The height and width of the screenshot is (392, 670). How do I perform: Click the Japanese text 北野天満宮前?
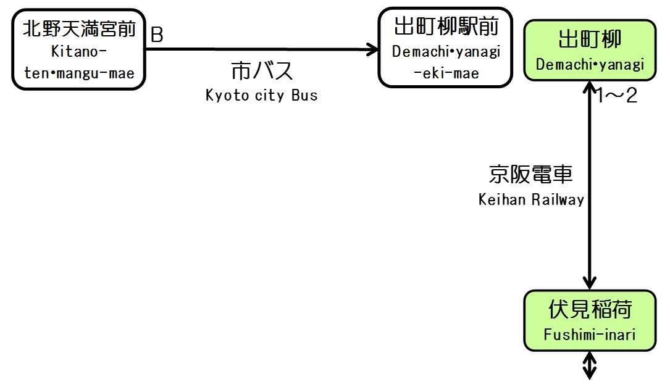point(79,28)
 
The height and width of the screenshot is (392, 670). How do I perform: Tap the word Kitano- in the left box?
point(79,52)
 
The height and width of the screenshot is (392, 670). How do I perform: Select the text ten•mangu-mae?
point(79,73)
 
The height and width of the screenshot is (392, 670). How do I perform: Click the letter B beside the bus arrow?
point(157,36)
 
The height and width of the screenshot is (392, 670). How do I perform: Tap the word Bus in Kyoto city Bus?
point(306,96)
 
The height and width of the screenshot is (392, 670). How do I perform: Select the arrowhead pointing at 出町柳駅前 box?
point(372,49)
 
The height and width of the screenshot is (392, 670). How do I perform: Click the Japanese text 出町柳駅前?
point(445,27)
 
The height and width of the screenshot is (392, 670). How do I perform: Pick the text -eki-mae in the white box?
point(446,73)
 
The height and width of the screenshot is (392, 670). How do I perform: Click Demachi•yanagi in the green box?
point(590,64)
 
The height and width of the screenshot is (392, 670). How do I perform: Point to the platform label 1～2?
point(615,96)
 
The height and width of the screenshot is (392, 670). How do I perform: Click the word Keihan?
point(502,199)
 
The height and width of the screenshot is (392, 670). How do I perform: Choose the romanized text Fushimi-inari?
point(590,335)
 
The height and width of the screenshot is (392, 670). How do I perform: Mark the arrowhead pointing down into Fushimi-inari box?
point(590,282)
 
